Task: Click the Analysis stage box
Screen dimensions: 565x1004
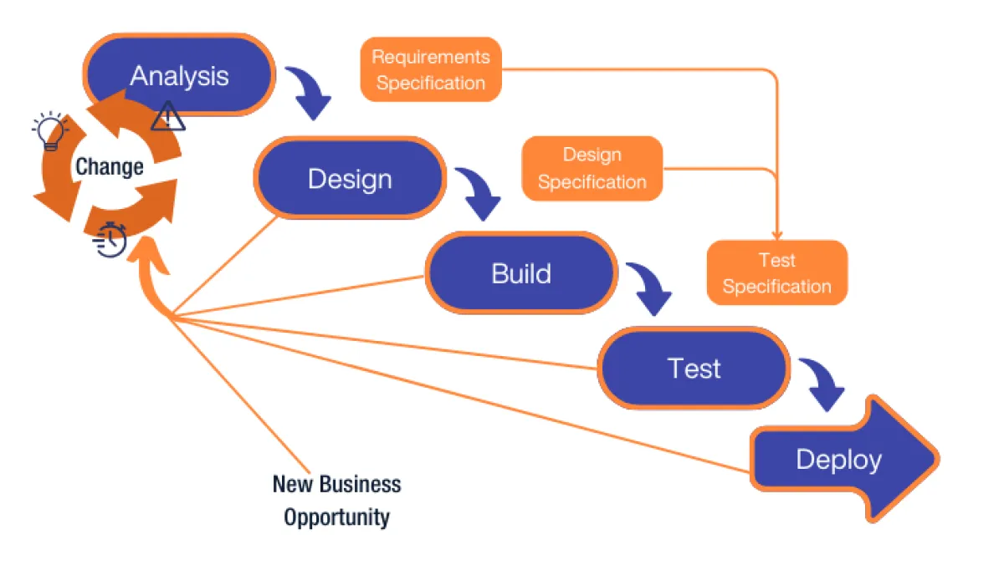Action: click(x=179, y=75)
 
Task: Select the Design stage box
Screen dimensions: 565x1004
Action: click(x=350, y=178)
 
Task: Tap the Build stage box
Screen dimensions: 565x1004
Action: click(x=520, y=273)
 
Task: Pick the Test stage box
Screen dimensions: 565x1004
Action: click(x=694, y=368)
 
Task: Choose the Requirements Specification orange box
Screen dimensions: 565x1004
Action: click(x=430, y=69)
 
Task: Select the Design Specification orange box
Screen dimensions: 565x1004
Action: click(x=592, y=168)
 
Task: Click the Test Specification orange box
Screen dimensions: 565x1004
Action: click(x=776, y=273)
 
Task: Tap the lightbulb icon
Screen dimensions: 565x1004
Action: click(x=49, y=131)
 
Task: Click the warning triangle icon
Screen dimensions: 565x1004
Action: click(x=167, y=117)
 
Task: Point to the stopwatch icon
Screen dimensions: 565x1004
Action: click(x=111, y=241)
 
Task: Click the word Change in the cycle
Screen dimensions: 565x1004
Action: click(x=110, y=166)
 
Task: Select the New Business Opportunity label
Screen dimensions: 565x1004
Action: click(x=336, y=500)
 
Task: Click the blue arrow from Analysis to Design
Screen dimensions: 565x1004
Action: click(x=310, y=92)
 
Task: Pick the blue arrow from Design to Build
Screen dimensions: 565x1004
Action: click(x=479, y=193)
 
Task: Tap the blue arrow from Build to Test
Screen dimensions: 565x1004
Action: click(x=651, y=288)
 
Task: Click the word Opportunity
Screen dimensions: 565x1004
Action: click(x=336, y=517)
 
